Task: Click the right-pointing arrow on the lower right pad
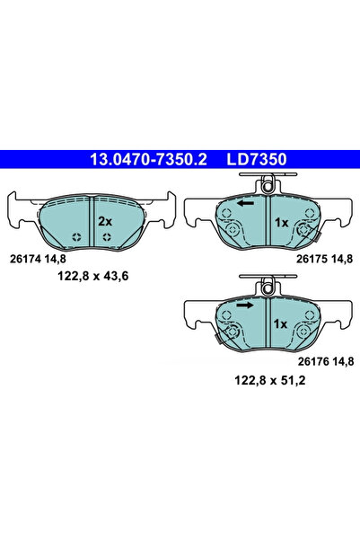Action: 244,305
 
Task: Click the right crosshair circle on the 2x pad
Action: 108,237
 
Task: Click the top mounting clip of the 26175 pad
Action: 266,186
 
